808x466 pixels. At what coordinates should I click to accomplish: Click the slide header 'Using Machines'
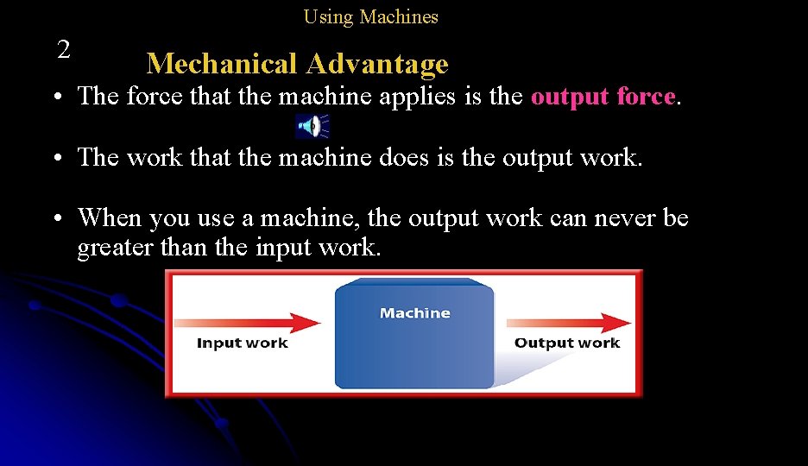tap(370, 16)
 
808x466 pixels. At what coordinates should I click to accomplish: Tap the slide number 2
tap(63, 50)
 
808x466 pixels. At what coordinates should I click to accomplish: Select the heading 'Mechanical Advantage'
tap(297, 64)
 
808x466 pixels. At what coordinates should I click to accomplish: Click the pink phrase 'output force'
tap(603, 97)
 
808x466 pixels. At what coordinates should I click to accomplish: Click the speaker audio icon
tap(312, 126)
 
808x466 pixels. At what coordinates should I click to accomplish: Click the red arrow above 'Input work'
tap(247, 324)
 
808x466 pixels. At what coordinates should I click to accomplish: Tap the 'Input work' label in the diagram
tap(242, 343)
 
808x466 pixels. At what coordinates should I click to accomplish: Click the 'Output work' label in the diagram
tap(567, 343)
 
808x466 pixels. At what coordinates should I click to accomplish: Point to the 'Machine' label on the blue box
tap(414, 313)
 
